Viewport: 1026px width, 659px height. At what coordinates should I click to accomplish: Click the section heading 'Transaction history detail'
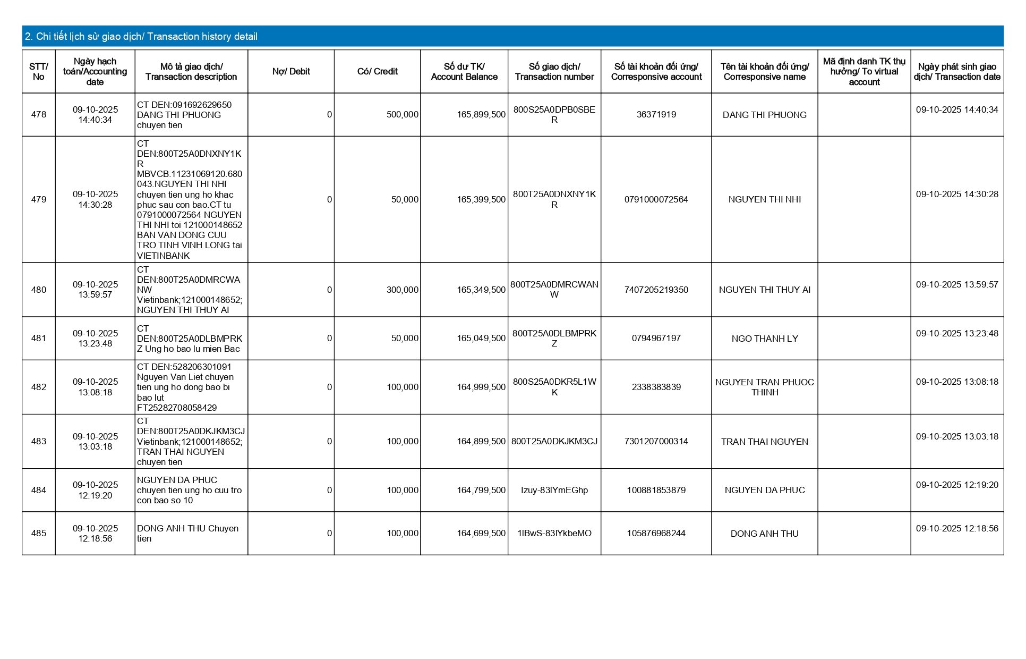coord(141,37)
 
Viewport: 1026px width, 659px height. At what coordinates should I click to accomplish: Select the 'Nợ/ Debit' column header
coord(291,72)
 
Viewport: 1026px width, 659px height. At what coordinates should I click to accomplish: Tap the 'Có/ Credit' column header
coord(377,72)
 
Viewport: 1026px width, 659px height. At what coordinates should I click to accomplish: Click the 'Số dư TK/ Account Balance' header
coord(464,72)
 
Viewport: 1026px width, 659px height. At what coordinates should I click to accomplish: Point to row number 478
coord(39,115)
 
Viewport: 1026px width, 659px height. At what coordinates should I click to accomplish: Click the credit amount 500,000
coord(402,115)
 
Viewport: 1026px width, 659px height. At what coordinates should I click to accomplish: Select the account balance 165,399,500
coord(481,200)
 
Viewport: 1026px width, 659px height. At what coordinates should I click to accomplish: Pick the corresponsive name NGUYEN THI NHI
coord(764,200)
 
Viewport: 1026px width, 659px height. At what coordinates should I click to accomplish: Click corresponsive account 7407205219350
coord(656,290)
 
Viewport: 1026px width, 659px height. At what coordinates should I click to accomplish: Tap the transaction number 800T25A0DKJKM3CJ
coord(554,442)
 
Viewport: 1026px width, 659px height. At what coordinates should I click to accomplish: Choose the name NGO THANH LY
coord(764,339)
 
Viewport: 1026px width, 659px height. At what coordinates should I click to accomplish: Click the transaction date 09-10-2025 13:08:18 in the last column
coord(957,382)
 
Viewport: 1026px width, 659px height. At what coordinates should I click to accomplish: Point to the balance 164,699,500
coord(481,534)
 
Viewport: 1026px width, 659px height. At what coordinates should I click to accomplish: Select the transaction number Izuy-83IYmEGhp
coord(554,491)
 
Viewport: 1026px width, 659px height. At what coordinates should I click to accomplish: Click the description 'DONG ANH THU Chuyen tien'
coord(187,534)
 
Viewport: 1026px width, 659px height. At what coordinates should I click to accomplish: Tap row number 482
coord(39,387)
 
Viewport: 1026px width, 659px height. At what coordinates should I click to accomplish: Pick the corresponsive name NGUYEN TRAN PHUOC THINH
coord(764,387)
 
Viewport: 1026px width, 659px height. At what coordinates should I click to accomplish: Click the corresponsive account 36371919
coord(656,115)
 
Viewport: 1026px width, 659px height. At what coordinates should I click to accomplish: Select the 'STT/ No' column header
coord(39,72)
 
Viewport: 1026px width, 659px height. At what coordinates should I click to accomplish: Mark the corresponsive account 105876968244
coord(656,534)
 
